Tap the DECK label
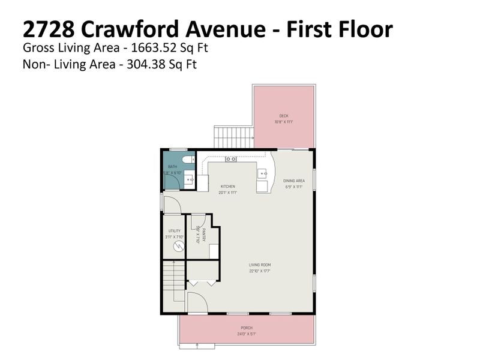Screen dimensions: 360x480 (x=284, y=116)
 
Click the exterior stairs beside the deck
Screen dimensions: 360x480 (x=234, y=137)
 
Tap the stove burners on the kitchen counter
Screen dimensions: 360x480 (x=230, y=159)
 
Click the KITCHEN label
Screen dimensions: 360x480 (x=227, y=187)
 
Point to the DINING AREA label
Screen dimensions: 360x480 (x=294, y=181)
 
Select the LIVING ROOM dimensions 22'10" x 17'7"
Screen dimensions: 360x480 (x=261, y=271)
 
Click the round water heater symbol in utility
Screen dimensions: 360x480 (x=175, y=246)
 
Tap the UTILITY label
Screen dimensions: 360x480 (x=175, y=231)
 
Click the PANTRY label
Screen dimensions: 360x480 (x=204, y=235)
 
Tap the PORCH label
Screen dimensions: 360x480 (x=247, y=328)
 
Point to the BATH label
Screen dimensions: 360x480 (x=172, y=167)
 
